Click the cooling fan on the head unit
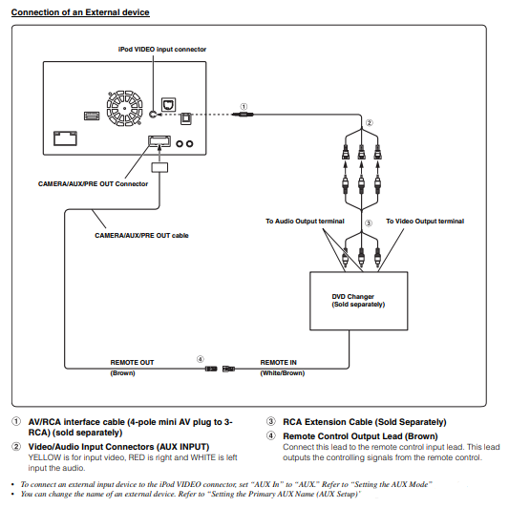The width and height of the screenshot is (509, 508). click(x=125, y=109)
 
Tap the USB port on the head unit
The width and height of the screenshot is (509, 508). click(x=92, y=116)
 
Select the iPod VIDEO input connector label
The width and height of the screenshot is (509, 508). click(x=162, y=50)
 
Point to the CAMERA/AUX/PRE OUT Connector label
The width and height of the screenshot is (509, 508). click(x=93, y=184)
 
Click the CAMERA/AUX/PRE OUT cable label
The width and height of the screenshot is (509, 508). click(x=141, y=235)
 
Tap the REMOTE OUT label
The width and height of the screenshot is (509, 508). click(x=132, y=362)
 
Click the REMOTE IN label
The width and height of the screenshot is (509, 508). click(x=279, y=362)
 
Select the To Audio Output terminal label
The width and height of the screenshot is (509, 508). click(x=305, y=221)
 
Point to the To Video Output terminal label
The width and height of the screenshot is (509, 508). click(x=425, y=221)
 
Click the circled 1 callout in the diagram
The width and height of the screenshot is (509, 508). click(x=244, y=106)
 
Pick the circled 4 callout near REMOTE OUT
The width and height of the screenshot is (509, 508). click(x=201, y=359)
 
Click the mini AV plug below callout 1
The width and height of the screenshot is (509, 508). click(x=243, y=115)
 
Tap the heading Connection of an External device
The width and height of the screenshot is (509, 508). click(x=80, y=12)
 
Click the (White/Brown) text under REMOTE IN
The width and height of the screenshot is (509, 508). click(x=283, y=373)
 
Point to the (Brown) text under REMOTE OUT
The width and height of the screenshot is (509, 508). click(x=122, y=373)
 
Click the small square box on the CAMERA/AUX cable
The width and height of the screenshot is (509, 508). click(x=159, y=167)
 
